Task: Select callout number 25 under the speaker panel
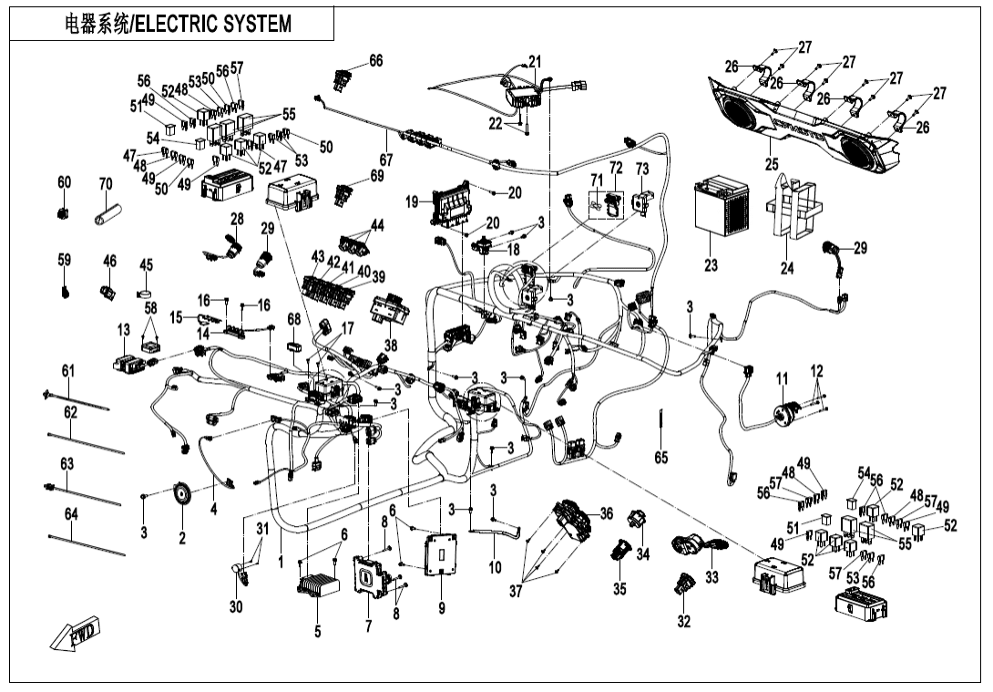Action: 772,165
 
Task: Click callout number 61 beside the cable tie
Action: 67,370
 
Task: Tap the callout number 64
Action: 70,515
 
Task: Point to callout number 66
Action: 375,61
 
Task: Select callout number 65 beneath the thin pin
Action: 661,459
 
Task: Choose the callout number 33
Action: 711,576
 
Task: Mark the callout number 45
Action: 146,265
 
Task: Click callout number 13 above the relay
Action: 124,329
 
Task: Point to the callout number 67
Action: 386,160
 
